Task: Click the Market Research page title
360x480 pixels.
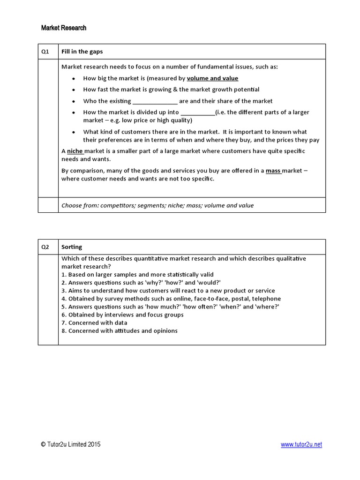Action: coord(64,28)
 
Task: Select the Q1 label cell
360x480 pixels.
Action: coord(45,52)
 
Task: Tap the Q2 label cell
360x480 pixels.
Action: coord(45,247)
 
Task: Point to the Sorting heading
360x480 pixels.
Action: coord(72,247)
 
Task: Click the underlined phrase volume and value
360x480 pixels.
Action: coord(212,78)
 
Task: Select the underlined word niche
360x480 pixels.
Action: coord(75,151)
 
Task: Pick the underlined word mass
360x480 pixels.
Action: coord(273,171)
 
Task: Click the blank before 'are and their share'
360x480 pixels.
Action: coord(155,101)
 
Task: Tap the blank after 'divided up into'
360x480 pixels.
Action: coord(197,112)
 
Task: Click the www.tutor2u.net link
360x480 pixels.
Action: coord(301,445)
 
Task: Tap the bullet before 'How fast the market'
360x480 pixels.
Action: coord(74,90)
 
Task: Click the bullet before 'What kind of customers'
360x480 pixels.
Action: coord(74,132)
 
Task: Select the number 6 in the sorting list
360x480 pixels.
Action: coord(63,315)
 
